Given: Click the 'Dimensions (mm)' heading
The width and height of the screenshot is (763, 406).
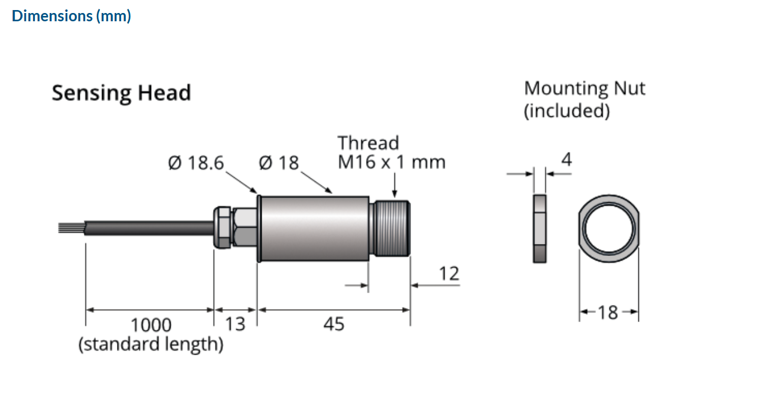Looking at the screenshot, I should coord(71,16).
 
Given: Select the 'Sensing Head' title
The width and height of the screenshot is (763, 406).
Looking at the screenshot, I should coord(121,93).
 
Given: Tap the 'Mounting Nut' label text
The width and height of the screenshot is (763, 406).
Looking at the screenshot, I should coord(584,89).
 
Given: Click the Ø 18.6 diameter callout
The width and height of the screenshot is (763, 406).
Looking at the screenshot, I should coord(196,163).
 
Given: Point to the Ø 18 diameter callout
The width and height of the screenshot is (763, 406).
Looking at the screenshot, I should coord(279,163).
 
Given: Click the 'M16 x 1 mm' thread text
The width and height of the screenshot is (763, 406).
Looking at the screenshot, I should coord(391,161).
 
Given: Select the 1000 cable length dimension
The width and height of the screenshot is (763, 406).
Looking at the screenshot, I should coord(151,324).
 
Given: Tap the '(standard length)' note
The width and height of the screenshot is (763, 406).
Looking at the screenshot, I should coord(151,344).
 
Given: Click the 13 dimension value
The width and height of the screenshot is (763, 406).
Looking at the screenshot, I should coord(234,323).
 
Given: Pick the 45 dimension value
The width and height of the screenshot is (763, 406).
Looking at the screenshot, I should coord(333,323).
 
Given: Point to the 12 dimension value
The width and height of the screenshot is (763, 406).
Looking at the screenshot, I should coord(449,274).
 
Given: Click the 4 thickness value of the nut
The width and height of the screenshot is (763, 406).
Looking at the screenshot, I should coord(566,160).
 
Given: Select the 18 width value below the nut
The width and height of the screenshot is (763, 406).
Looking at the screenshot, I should coord(608,312).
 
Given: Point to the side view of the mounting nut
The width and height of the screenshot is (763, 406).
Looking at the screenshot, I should coord(539,228).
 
